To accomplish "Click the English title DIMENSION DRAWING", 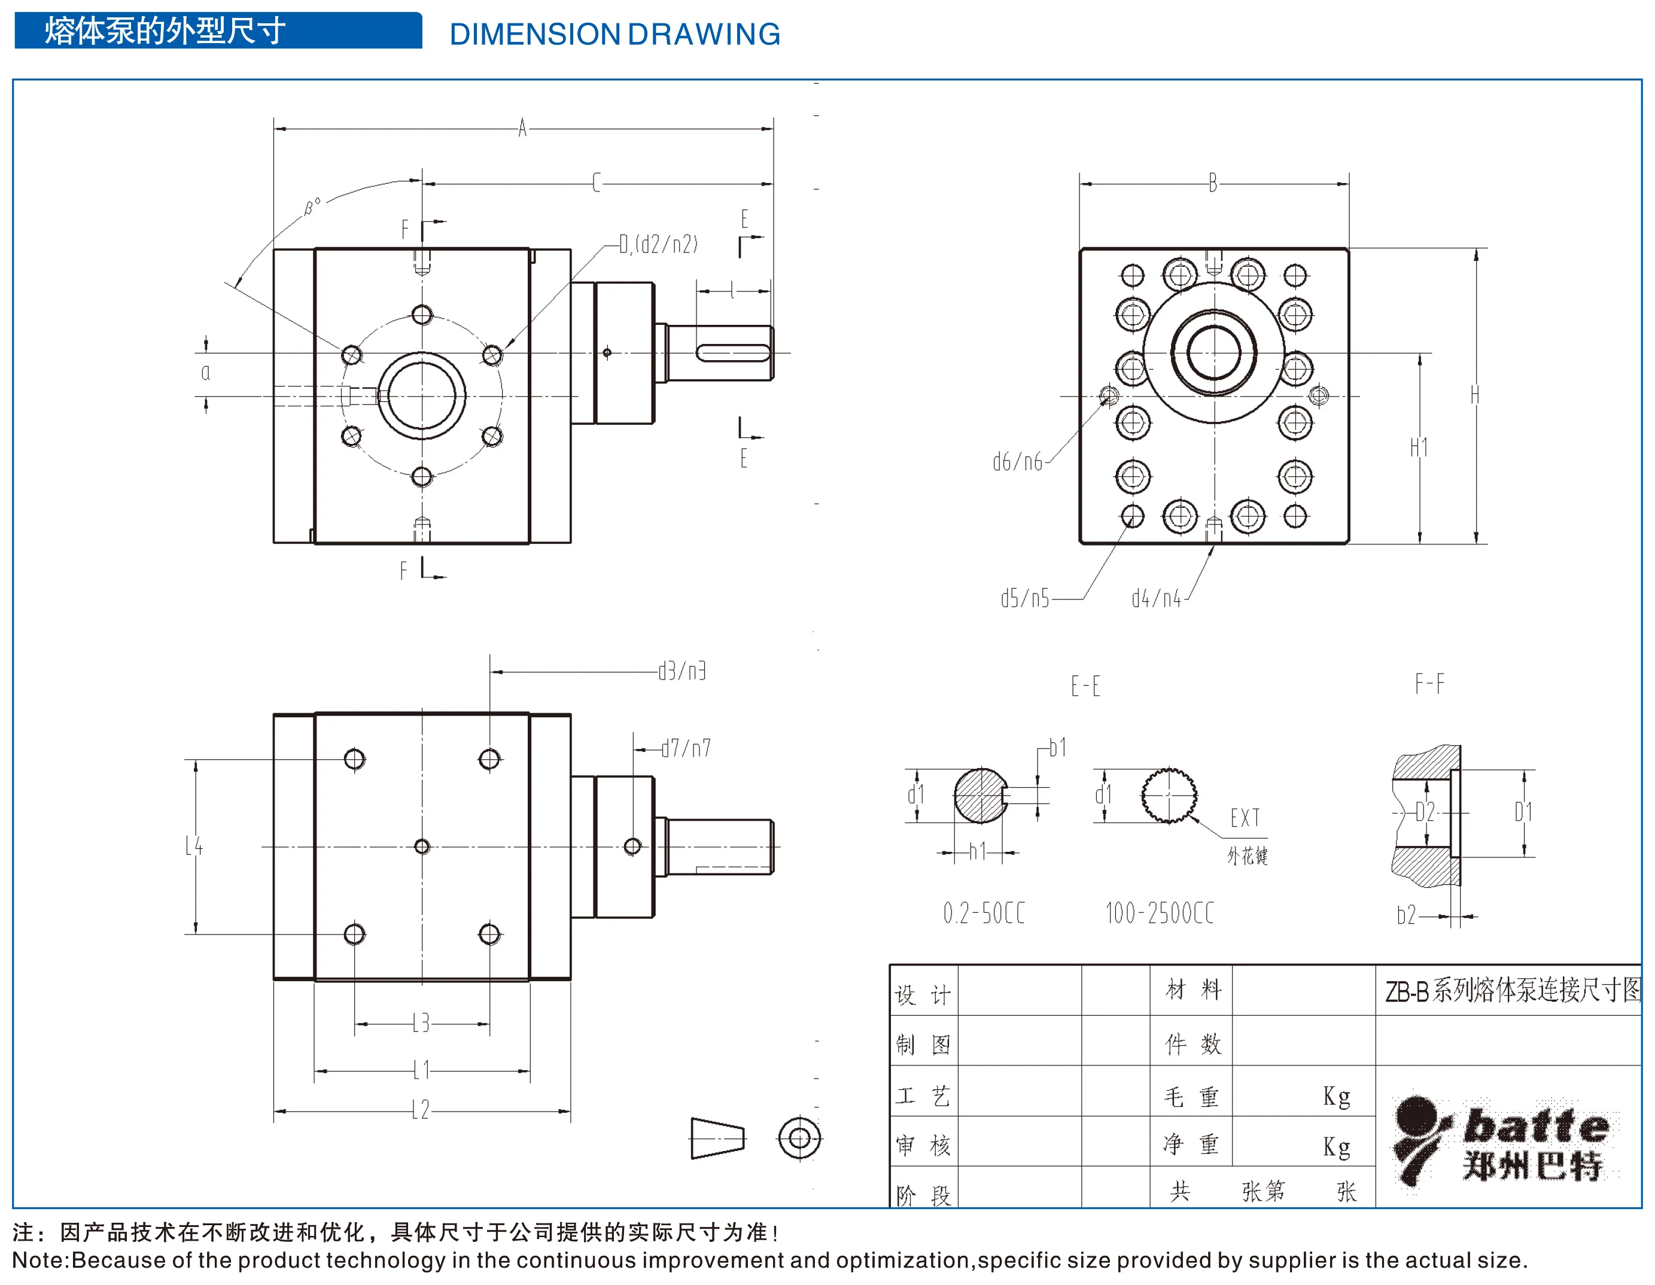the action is (x=614, y=34).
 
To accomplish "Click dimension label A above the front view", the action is (x=522, y=127).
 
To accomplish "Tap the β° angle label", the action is (x=312, y=206).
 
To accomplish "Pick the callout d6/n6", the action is (x=1018, y=461).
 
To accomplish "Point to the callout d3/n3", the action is (x=682, y=671).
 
